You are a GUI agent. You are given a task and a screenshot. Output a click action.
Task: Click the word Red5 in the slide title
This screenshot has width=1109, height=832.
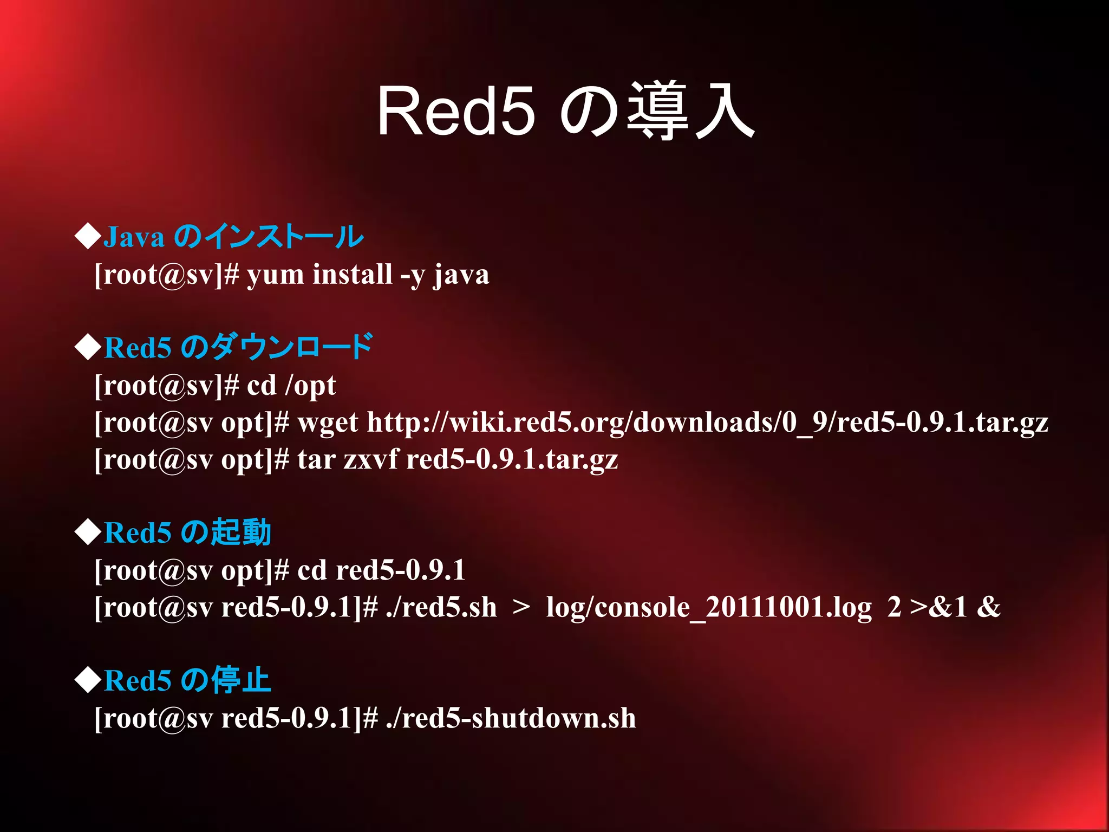point(456,112)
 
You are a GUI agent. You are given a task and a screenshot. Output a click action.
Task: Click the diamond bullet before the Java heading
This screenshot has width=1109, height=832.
point(88,236)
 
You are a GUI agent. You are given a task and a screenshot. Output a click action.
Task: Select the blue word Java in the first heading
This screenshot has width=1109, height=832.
point(134,237)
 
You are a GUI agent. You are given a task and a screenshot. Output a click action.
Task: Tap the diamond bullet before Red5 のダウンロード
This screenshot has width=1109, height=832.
point(88,347)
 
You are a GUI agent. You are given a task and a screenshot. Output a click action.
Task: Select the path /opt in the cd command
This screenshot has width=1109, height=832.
point(310,386)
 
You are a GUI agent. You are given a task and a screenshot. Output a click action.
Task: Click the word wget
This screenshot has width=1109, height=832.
point(328,423)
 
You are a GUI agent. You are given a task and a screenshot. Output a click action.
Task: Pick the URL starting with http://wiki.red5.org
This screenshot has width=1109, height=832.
point(707,423)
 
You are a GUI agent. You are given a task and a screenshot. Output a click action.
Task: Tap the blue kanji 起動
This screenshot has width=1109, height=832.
point(240,532)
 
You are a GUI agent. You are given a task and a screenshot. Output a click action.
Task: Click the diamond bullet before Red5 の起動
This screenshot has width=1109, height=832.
point(88,532)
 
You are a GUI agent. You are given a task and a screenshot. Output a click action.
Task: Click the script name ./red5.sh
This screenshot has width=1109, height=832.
point(441,607)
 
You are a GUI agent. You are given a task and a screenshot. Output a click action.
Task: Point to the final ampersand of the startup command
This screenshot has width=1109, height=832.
point(988,607)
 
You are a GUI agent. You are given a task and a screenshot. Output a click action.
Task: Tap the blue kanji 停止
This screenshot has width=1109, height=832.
point(240,680)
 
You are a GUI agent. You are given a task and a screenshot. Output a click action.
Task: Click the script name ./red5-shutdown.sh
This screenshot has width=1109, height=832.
point(511,718)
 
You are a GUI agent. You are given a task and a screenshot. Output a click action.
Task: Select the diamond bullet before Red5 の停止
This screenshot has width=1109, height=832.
point(88,680)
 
